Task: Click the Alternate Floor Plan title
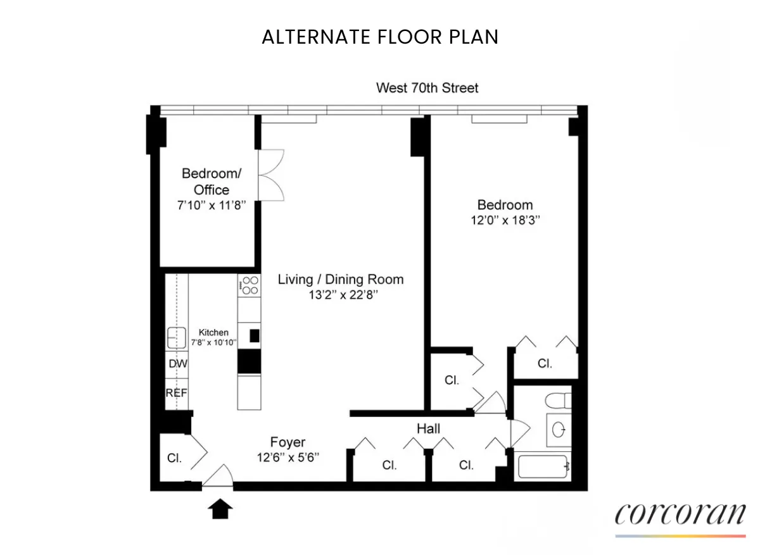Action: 380,37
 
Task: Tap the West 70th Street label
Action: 427,88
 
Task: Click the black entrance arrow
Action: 220,508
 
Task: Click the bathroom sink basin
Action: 559,430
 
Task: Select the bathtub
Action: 543,467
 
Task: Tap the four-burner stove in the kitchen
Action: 250,285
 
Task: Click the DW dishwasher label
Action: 177,365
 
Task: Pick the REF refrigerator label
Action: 177,393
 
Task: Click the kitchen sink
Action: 176,337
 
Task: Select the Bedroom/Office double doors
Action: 271,175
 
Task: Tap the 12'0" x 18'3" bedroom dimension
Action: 505,221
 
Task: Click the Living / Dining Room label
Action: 341,280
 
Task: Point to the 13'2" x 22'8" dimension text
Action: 341,295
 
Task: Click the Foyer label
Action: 288,442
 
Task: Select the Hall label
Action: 428,429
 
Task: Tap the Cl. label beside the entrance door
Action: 174,459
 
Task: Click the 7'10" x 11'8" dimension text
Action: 211,205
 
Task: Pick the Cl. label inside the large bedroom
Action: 545,364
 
